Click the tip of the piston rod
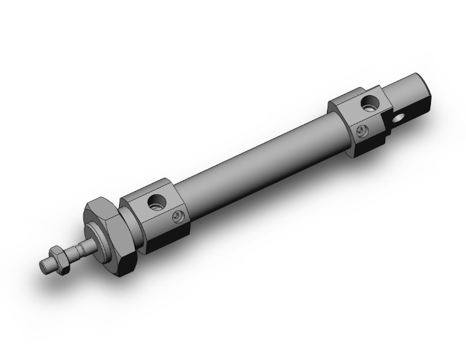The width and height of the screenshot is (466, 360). point(44,265)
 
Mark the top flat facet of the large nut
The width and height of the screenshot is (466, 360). point(100,206)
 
